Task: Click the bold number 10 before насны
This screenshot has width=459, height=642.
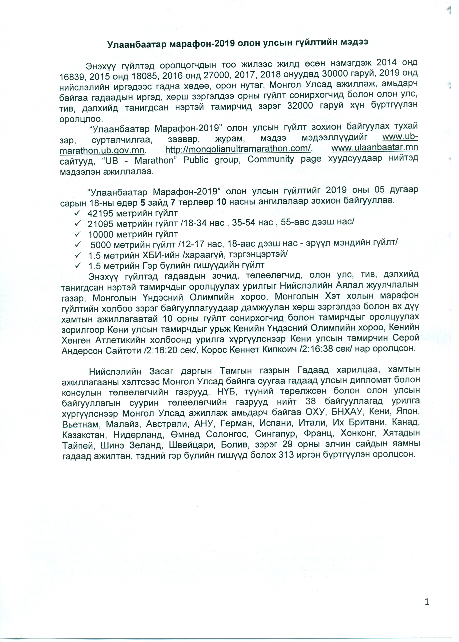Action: coord(222,202)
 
